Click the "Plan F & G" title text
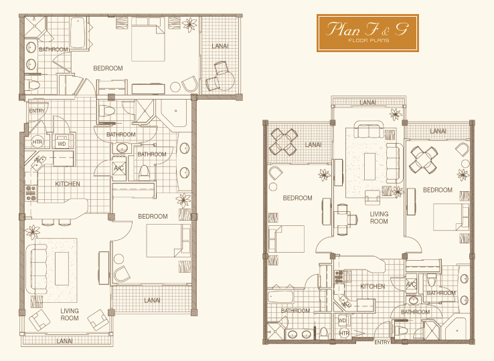[x=367, y=29]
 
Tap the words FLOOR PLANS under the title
[x=369, y=40]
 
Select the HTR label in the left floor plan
[x=37, y=142]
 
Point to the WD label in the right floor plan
[x=342, y=321]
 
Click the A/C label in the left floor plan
[x=118, y=168]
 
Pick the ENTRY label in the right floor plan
[x=382, y=342]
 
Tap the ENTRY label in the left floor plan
[x=37, y=111]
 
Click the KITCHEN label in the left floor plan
[x=68, y=184]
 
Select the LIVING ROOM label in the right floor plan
[x=379, y=217]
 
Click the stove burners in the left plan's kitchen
[x=31, y=193]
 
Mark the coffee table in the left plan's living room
[x=62, y=269]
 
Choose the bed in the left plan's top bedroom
[x=148, y=39]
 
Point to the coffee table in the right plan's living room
[x=370, y=166]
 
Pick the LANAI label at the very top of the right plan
[x=367, y=102]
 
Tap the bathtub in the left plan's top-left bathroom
[x=78, y=32]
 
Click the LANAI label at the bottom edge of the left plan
[x=64, y=341]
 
